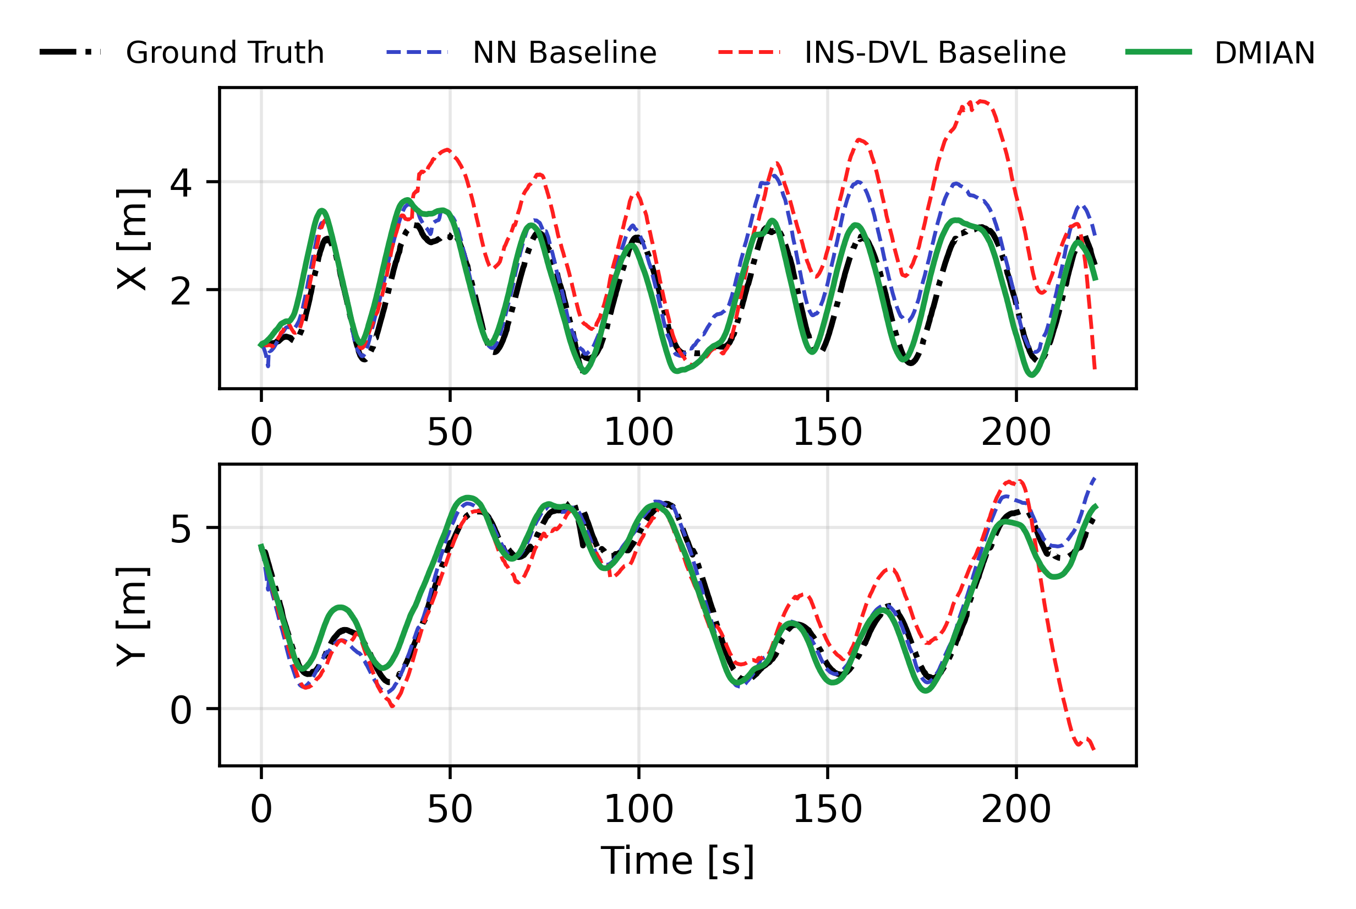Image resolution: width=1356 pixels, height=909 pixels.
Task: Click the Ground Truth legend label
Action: (225, 53)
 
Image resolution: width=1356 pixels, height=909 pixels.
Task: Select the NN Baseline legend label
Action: (565, 53)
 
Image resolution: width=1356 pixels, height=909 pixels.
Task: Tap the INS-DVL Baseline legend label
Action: (934, 53)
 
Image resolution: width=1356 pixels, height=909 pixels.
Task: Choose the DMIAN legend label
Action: (1265, 53)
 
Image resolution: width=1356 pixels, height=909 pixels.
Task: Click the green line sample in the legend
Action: (1158, 52)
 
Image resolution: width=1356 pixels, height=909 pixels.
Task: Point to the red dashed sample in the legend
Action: (748, 52)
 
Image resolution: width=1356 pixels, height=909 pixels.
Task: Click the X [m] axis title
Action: (133, 239)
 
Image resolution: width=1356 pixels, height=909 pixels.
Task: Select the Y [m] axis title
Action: (133, 616)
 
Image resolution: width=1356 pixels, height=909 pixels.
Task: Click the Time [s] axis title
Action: (677, 861)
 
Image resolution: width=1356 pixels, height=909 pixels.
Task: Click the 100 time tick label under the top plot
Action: (638, 432)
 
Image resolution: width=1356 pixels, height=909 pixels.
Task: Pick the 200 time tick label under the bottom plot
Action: (1016, 809)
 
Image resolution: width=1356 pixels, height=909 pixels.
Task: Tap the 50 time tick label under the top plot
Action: (450, 432)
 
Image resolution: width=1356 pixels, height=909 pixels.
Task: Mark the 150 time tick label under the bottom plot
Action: (827, 809)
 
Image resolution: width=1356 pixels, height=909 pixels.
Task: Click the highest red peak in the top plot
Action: (981, 102)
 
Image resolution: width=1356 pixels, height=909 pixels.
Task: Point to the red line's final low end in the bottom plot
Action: (1093, 749)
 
